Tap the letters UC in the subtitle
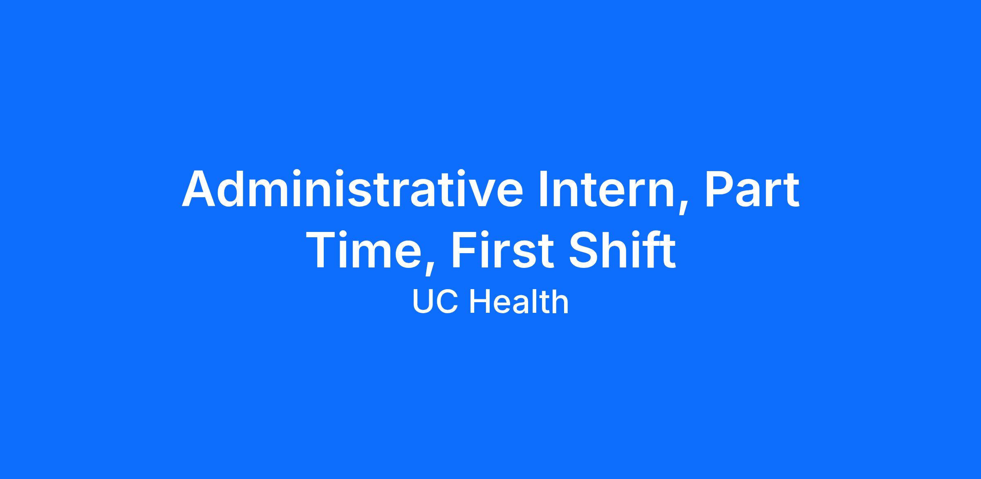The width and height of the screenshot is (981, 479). point(435,302)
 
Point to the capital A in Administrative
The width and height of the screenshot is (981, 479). point(200,189)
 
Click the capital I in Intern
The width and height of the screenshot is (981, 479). point(543,189)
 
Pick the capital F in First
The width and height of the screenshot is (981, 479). point(464,250)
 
